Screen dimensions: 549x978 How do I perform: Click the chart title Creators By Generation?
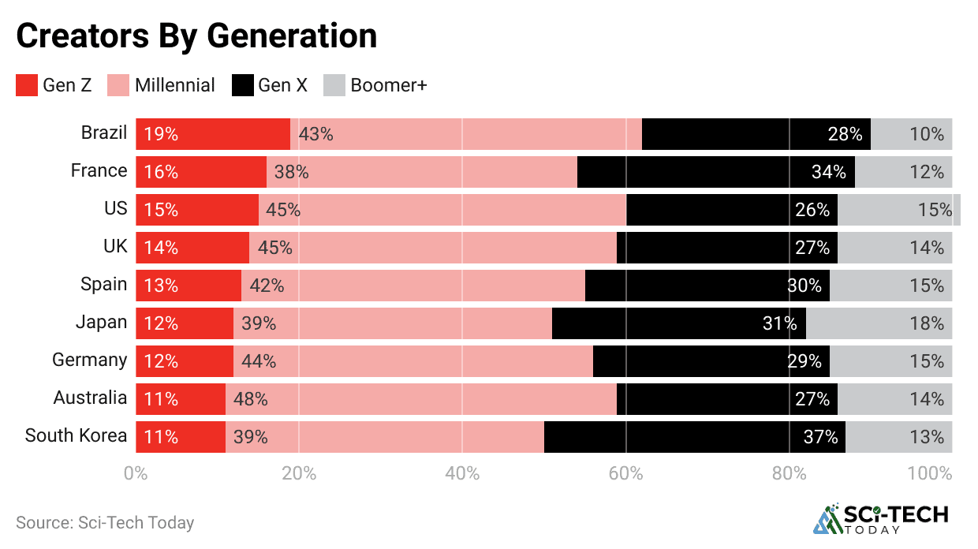(x=196, y=35)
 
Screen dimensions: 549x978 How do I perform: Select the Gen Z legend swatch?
(x=27, y=85)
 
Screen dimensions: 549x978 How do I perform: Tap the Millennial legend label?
(x=174, y=85)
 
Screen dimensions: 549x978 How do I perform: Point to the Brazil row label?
(x=103, y=133)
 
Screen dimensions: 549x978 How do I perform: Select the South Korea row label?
(x=76, y=435)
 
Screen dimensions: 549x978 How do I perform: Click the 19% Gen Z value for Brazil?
(x=161, y=134)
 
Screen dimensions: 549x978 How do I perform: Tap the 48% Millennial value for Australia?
(x=251, y=399)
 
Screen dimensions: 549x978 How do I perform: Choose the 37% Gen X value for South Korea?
(x=820, y=437)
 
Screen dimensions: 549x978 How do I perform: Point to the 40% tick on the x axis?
(x=462, y=474)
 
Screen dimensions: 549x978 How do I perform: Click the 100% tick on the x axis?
(x=929, y=474)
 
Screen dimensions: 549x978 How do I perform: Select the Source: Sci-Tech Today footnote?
(x=105, y=522)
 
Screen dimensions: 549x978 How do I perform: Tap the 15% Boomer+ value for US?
(x=935, y=210)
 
